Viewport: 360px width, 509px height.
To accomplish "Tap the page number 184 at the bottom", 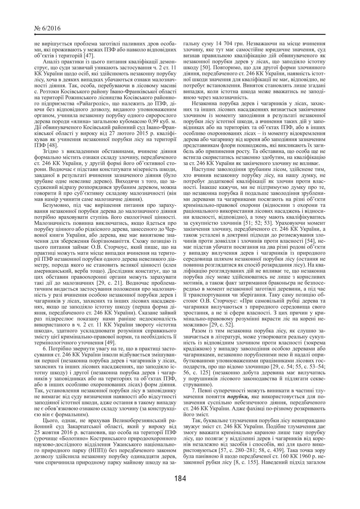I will point(180,478).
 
